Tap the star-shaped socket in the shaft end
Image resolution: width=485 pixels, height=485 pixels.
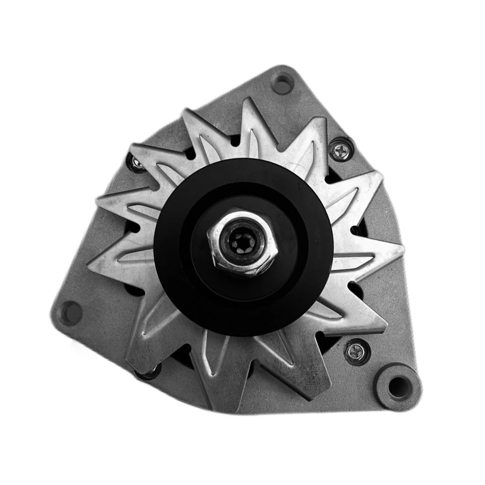[x=244, y=243]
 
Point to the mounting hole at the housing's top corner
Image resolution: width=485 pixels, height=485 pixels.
[x=282, y=83]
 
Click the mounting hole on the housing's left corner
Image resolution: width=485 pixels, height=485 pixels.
[x=70, y=313]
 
